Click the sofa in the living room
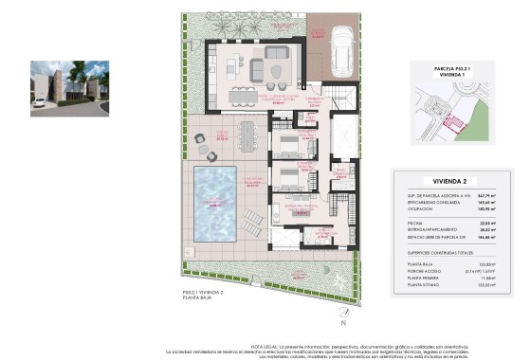pos(279,54)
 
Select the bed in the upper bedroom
pos(289,143)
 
